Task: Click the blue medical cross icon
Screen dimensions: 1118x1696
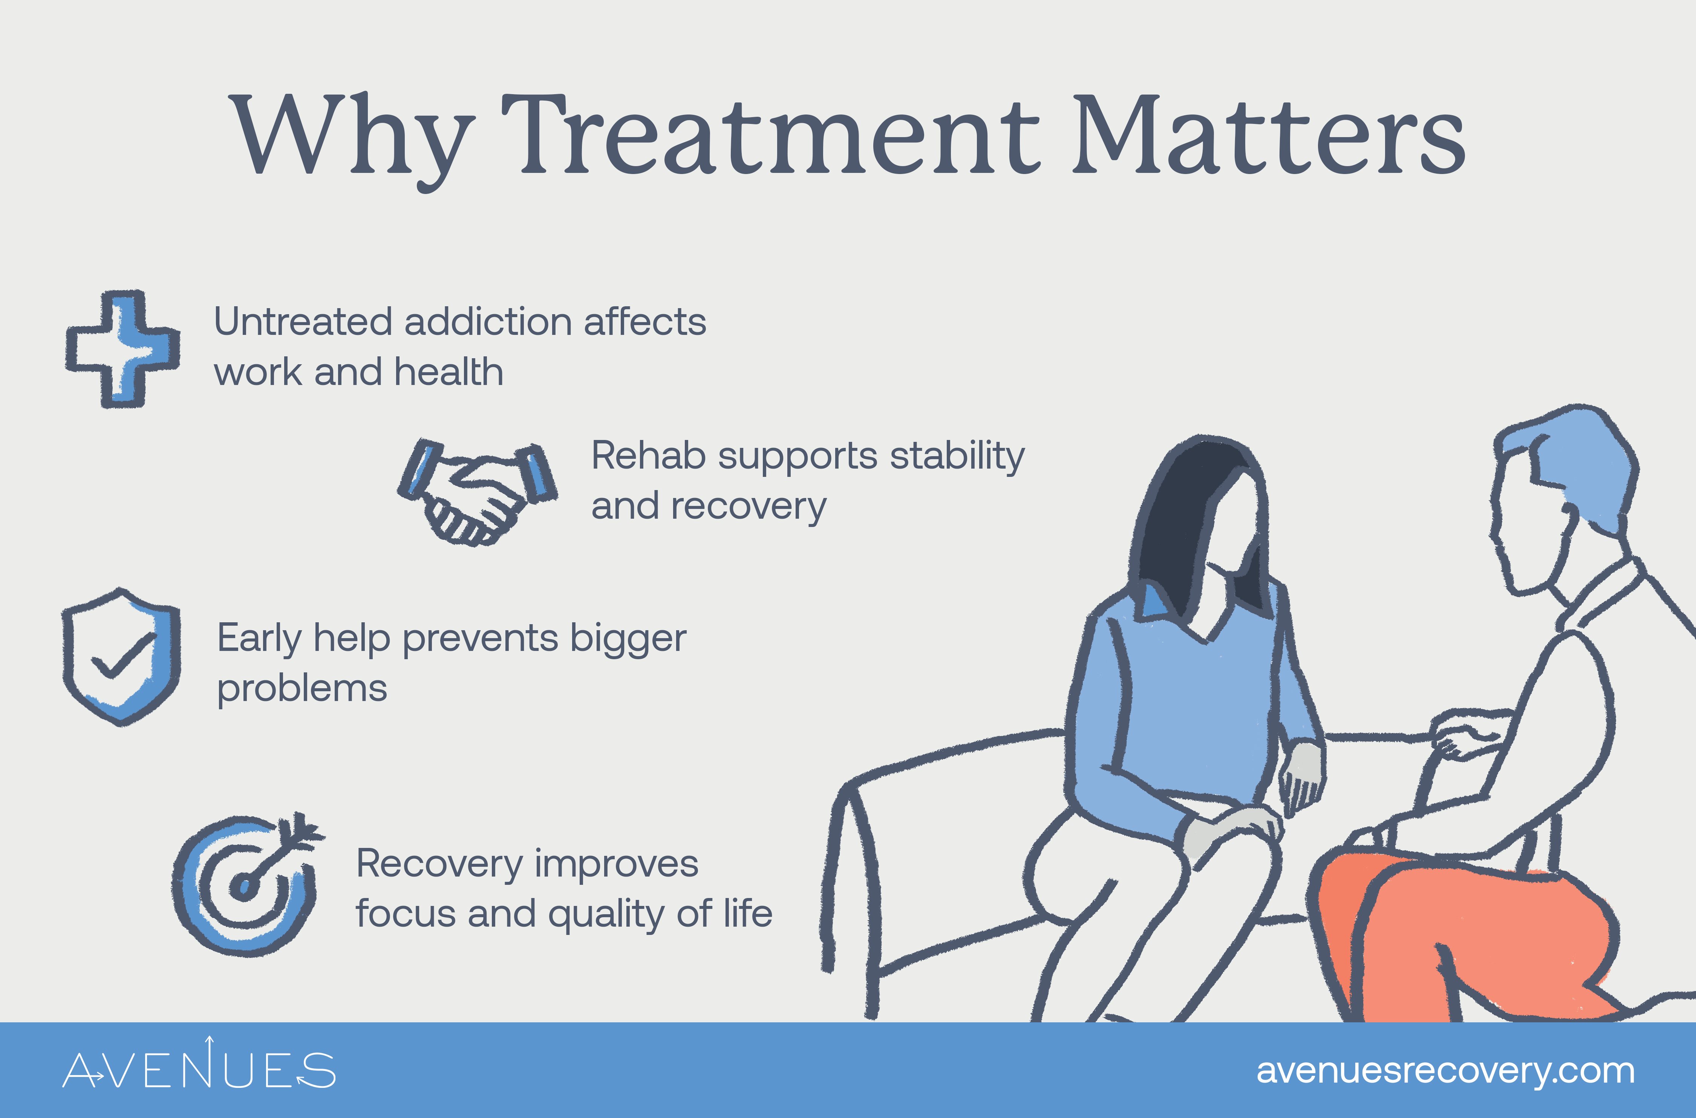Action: pos(122,350)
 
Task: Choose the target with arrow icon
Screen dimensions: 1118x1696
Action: pos(246,884)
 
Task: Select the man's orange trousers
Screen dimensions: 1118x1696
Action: pos(1462,934)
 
